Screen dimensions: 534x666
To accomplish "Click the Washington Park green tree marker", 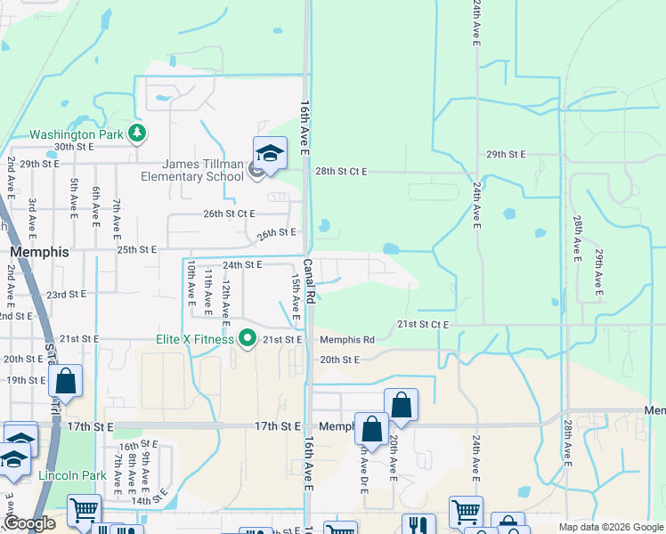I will coord(137,134).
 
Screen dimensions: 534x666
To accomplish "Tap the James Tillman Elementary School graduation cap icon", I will coord(270,155).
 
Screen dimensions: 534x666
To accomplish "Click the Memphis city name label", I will coord(38,252).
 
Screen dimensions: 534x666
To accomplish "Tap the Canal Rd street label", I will coord(307,279).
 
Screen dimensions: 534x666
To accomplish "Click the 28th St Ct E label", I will coord(341,171).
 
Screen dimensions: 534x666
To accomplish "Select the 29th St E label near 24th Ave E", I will coord(506,154).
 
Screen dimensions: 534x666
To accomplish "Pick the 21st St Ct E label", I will coord(423,325).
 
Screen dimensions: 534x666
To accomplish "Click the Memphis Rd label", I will coord(347,339).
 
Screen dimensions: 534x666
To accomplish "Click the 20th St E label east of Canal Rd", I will coord(339,360).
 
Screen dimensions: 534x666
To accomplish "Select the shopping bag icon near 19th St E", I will coord(66,382).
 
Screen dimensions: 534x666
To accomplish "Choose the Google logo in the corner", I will coord(29,523).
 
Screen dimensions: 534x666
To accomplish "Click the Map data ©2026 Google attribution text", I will coord(610,527).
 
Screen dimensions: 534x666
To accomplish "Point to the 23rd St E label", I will coord(67,295).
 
